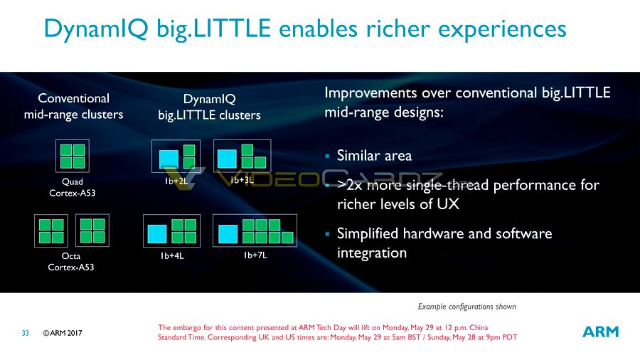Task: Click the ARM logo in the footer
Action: (600, 332)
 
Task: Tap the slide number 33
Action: (26, 333)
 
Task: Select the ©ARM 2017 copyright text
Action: (63, 333)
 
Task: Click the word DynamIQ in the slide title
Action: (96, 28)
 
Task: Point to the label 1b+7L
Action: (255, 255)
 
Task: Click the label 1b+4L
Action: (172, 256)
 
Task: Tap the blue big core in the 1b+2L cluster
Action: (169, 159)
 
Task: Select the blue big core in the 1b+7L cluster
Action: (228, 234)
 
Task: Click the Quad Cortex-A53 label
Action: (73, 187)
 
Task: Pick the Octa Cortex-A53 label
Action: (71, 262)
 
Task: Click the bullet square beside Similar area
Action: (327, 156)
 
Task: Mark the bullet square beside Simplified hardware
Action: (327, 234)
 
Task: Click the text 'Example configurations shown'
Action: (466, 307)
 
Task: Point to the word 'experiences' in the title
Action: (502, 29)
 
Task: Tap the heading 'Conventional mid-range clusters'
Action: (73, 106)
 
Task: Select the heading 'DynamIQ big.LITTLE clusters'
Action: (209, 107)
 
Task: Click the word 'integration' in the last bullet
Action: (372, 253)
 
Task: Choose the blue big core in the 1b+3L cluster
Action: (227, 159)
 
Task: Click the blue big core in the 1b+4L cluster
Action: (157, 234)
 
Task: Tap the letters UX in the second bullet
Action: (448, 203)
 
